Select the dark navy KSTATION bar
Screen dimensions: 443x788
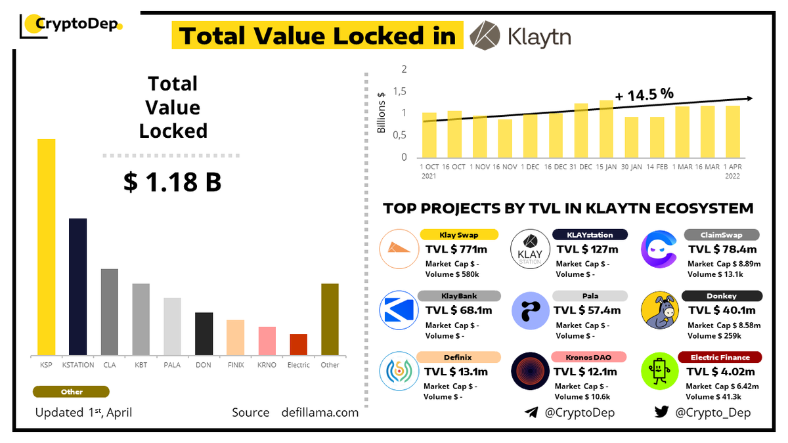tap(77, 287)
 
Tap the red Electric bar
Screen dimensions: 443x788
tap(298, 345)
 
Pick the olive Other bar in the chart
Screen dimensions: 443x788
tap(330, 320)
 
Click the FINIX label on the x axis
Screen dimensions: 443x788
tap(235, 365)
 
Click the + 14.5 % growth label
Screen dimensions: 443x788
tap(644, 94)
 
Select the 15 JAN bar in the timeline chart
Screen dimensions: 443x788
tap(606, 129)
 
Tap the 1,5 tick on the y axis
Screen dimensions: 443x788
tap(400, 91)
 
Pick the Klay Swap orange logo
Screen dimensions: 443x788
tap(399, 248)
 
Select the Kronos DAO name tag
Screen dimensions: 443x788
tap(589, 356)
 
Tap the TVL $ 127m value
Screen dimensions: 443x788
tap(587, 249)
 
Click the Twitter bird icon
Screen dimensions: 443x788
tap(661, 412)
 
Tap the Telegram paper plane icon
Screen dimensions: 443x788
tap(531, 412)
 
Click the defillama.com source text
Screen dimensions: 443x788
tap(320, 412)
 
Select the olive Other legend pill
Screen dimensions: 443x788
tap(72, 392)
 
